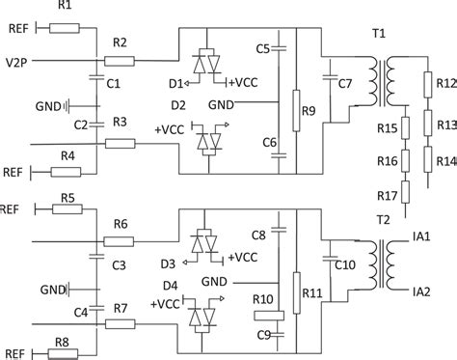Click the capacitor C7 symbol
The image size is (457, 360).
click(331, 88)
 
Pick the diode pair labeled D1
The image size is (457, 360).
click(205, 64)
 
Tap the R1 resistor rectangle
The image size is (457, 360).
click(66, 28)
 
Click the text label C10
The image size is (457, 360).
click(345, 263)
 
